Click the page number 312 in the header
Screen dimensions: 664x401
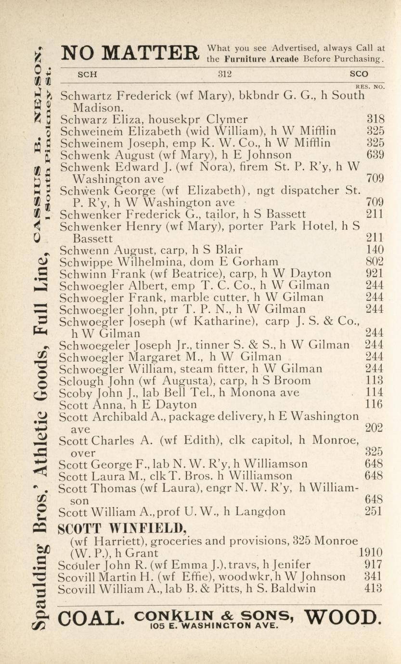225,74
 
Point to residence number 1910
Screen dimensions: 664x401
371,552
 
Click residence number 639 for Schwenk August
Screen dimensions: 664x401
375,154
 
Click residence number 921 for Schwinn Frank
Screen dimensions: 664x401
375,274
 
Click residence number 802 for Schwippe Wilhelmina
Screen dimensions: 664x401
375,262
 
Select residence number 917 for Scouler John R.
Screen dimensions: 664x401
375,564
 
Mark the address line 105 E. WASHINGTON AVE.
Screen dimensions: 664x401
214,626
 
